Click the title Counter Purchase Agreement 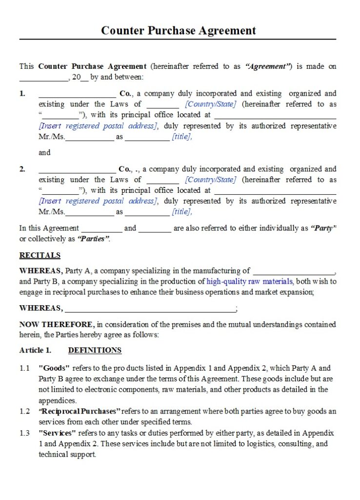pyautogui.click(x=178, y=30)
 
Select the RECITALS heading pyautogui.click(x=40, y=255)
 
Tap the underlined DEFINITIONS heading pyautogui.click(x=95, y=350)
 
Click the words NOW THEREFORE pyautogui.click(x=56, y=324)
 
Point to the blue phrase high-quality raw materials pyautogui.click(x=249, y=281)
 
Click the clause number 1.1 pyautogui.click(x=24, y=368)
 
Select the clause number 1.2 pyautogui.click(x=24, y=411)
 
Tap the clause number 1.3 pyautogui.click(x=24, y=433)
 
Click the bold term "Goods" pyautogui.click(x=54, y=368)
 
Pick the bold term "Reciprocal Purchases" pyautogui.click(x=80, y=411)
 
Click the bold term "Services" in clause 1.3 pyautogui.click(x=57, y=433)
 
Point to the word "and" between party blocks pyautogui.click(x=44, y=152)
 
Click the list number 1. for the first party pyautogui.click(x=22, y=93)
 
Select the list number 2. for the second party pyautogui.click(x=22, y=169)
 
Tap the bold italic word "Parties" pyautogui.click(x=93, y=239)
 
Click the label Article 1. pyautogui.click(x=35, y=350)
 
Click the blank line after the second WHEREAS pyautogui.click(x=150, y=309)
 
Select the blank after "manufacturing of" pyautogui.click(x=294, y=272)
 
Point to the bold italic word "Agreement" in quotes pyautogui.click(x=268, y=66)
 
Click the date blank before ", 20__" pyautogui.click(x=44, y=78)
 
